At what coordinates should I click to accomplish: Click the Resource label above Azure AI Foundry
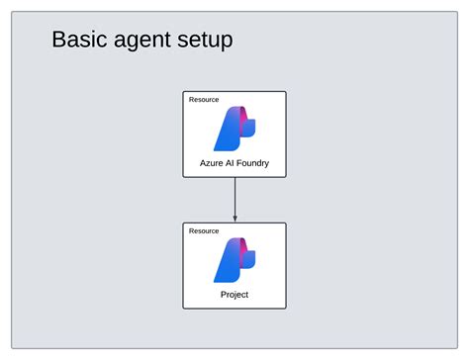coord(204,100)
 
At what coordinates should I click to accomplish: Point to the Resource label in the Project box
coord(204,230)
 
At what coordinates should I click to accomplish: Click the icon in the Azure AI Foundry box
coord(234,128)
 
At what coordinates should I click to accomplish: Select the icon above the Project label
coord(234,260)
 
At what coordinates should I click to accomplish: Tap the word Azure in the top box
coord(211,163)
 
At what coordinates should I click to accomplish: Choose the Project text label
coord(234,295)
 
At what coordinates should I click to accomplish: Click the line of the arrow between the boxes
coord(234,198)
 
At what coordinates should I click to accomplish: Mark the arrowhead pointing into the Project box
coord(234,219)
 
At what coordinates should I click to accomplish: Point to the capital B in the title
coord(58,41)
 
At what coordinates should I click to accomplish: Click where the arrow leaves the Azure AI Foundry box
coord(234,178)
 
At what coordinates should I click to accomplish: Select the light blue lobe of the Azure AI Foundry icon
coord(249,128)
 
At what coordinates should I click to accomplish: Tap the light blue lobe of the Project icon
coord(249,260)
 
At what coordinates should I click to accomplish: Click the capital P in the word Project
coord(223,295)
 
